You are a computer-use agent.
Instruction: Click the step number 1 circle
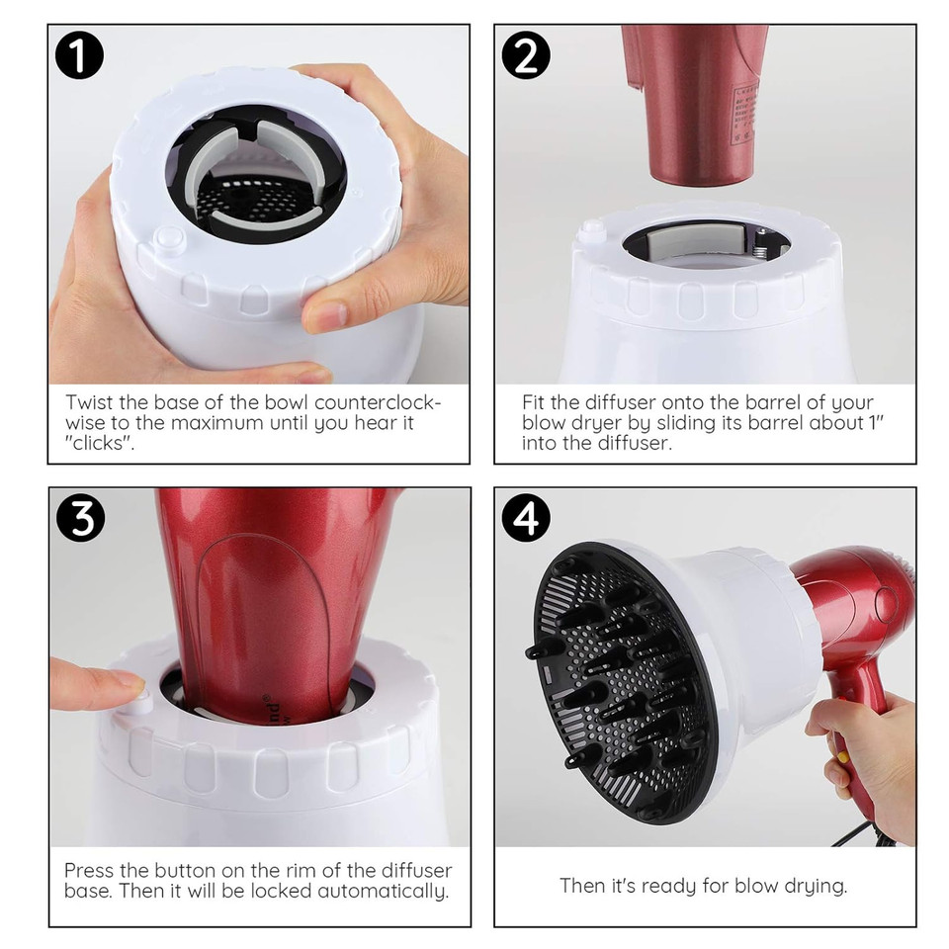pyautogui.click(x=80, y=57)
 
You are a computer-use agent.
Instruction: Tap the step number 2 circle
pyautogui.click(x=527, y=57)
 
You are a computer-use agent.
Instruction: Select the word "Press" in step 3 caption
pyautogui.click(x=89, y=870)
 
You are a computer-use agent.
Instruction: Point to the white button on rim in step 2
pyautogui.click(x=592, y=229)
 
